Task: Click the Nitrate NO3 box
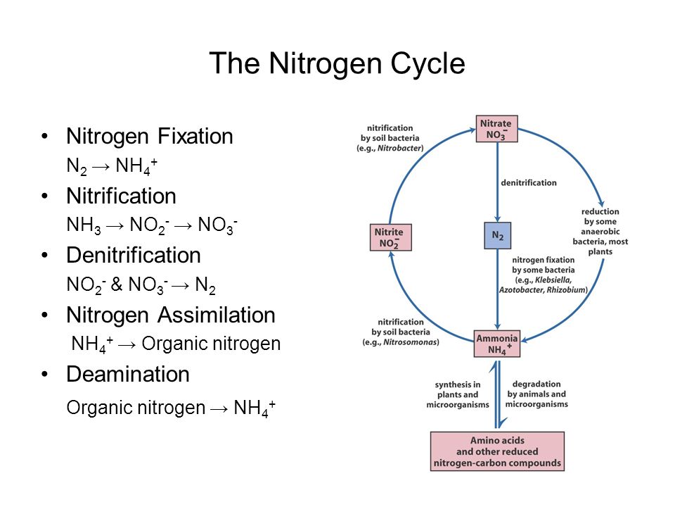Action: [x=497, y=129]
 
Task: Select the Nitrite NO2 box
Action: [x=391, y=237]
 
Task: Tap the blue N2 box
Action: [x=498, y=235]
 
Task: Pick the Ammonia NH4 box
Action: [x=497, y=344]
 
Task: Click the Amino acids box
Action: [x=497, y=451]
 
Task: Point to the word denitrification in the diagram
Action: [x=529, y=183]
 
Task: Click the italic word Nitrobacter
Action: [x=399, y=149]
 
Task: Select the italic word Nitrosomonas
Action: [x=410, y=342]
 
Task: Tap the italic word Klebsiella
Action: [x=553, y=280]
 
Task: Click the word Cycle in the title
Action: [x=427, y=64]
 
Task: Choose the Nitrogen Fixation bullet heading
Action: [x=149, y=136]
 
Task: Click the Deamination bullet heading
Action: [x=128, y=374]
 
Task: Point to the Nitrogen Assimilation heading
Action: [x=170, y=315]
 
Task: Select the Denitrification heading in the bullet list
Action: [x=134, y=255]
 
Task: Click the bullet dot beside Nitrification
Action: [x=45, y=196]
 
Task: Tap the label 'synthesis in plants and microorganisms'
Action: [x=458, y=394]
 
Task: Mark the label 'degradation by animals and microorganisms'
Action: [x=536, y=394]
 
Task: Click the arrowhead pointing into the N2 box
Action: [x=498, y=219]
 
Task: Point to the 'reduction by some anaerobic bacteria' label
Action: [x=600, y=232]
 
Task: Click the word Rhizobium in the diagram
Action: [x=566, y=289]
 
